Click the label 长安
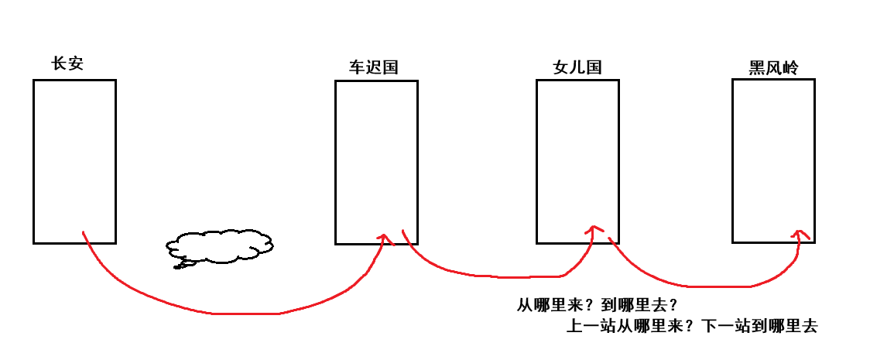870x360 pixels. click(x=67, y=64)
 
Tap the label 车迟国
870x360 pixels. click(x=373, y=67)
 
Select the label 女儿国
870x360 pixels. click(x=577, y=67)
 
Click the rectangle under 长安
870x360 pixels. click(x=74, y=161)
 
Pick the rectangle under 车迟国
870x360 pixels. click(x=376, y=163)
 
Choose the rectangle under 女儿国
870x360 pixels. click(x=577, y=161)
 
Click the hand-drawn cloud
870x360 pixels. click(x=220, y=245)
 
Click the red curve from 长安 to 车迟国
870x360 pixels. click(x=232, y=314)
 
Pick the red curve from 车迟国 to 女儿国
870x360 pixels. click(x=495, y=275)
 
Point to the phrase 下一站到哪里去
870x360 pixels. click(x=759, y=326)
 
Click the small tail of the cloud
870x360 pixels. click(x=183, y=265)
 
